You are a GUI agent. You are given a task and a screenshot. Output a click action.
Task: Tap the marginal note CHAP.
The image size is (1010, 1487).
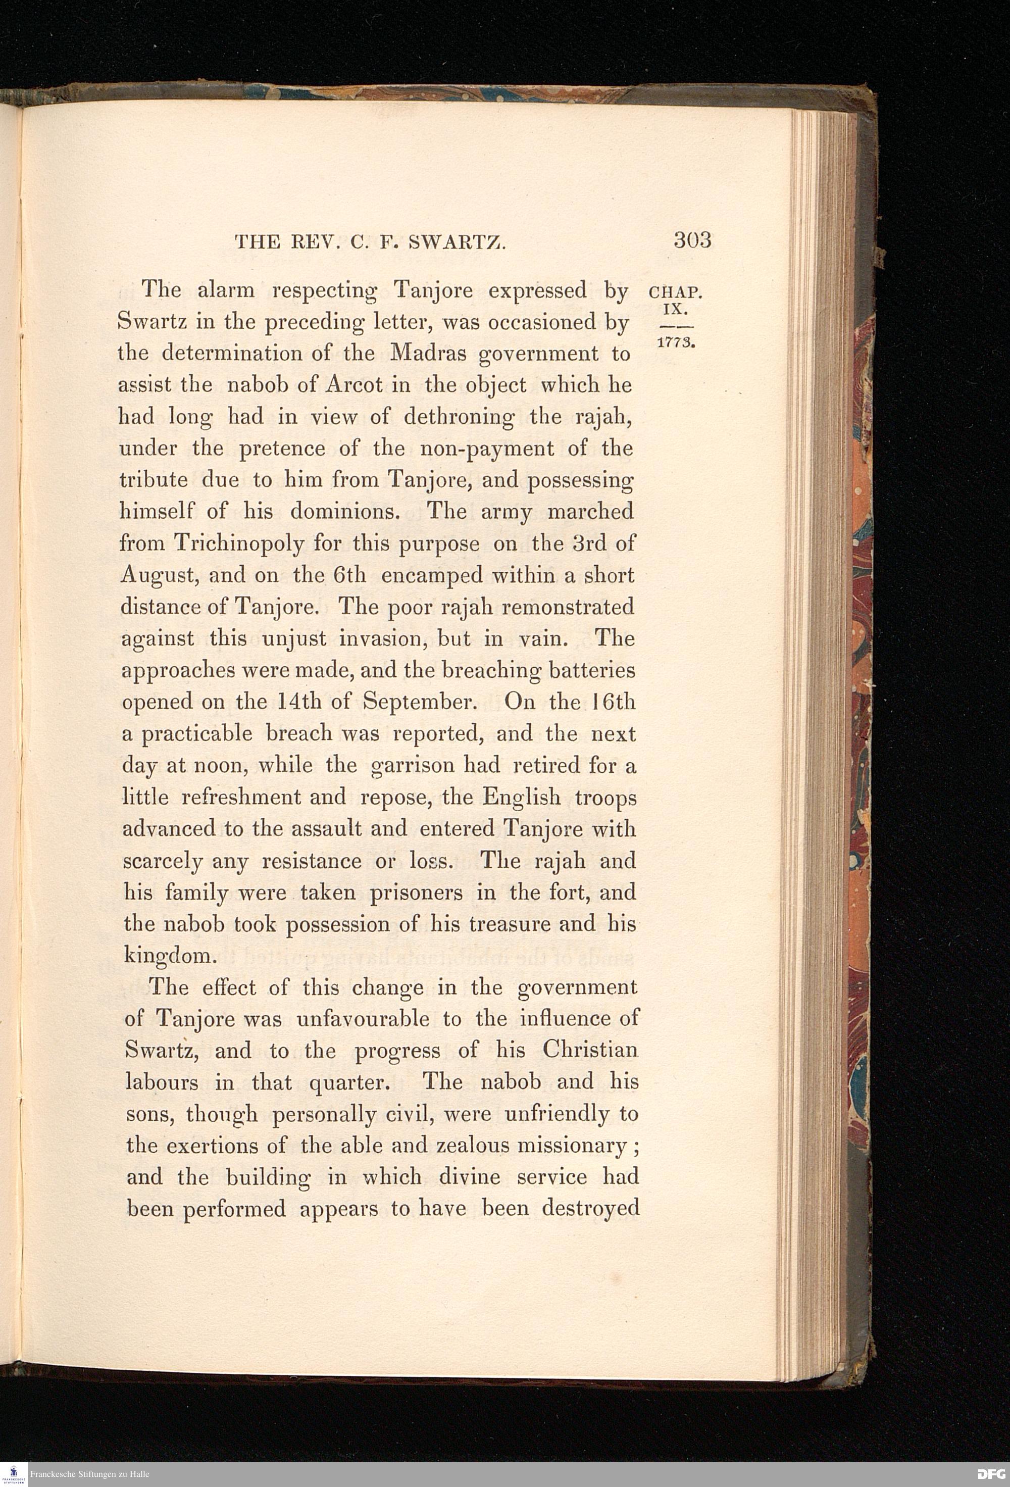[x=676, y=293]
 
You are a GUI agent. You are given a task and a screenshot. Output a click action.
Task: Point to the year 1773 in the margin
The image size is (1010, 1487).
[x=676, y=341]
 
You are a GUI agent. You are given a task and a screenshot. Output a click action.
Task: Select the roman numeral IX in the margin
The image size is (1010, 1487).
[x=676, y=310]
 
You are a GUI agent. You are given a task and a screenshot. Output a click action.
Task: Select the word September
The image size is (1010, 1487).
[x=420, y=702]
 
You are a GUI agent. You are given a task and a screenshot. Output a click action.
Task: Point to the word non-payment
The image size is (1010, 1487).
[x=487, y=449]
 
